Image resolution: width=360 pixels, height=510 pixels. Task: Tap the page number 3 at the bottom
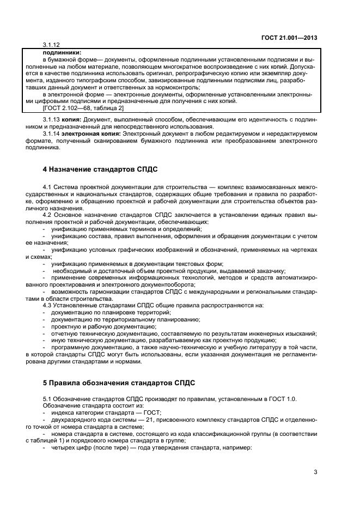[x=315, y=472]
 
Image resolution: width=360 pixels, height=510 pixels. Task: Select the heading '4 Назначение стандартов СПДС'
[x=101, y=169]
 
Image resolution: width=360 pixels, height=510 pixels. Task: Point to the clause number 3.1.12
[x=51, y=44]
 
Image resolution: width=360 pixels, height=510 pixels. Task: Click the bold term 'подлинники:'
[x=61, y=51]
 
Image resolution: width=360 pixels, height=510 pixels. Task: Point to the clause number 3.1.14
[x=51, y=133]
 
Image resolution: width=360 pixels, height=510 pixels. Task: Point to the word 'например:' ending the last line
[x=237, y=448]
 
